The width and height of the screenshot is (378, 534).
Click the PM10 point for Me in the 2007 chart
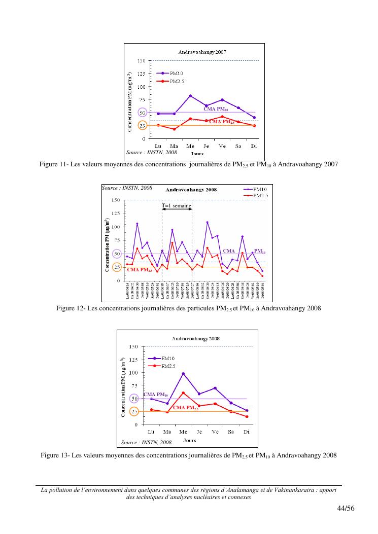190,96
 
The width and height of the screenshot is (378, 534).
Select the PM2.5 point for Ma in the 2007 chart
174,129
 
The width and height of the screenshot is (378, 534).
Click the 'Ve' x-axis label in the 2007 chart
222,146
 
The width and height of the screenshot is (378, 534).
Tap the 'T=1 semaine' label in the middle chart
177,206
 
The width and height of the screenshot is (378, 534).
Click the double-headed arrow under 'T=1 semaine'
177,209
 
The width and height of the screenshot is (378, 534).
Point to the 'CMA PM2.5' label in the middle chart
140,270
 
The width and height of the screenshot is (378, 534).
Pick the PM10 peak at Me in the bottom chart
183,374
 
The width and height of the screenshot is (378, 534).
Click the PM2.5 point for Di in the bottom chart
247,417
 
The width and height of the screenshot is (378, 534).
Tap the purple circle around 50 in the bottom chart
134,399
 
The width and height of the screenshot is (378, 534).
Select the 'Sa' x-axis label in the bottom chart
231,432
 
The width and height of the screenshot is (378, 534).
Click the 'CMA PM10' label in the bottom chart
156,394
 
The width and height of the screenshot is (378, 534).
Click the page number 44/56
345,508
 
